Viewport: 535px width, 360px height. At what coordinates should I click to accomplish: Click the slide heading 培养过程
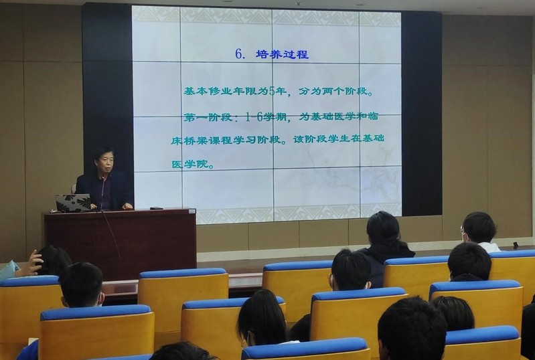point(282,54)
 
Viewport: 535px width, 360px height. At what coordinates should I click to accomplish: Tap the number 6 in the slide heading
point(239,54)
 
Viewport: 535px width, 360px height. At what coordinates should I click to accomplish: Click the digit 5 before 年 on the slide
point(272,92)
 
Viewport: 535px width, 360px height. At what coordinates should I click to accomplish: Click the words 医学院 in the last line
point(188,164)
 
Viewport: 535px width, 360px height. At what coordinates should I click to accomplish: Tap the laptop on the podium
point(73,203)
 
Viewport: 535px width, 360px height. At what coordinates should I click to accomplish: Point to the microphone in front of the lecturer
point(102,191)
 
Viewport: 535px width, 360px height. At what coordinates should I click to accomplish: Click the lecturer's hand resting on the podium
point(128,206)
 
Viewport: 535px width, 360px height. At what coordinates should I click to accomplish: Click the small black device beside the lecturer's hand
point(156,207)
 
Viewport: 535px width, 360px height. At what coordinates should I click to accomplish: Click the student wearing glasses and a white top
point(478,232)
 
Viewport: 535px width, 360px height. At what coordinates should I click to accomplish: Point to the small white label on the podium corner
point(192,211)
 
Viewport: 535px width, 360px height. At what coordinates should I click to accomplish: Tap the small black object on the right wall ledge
point(516,244)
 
